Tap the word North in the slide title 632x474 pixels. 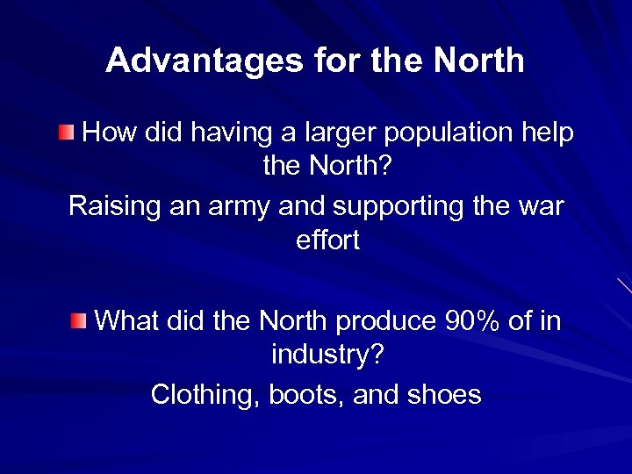click(478, 61)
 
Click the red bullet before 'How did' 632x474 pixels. click(67, 133)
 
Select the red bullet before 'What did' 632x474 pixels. click(79, 320)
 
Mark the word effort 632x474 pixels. click(328, 241)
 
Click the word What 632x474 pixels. click(126, 320)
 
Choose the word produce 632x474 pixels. click(384, 322)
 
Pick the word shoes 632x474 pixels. click(444, 395)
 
